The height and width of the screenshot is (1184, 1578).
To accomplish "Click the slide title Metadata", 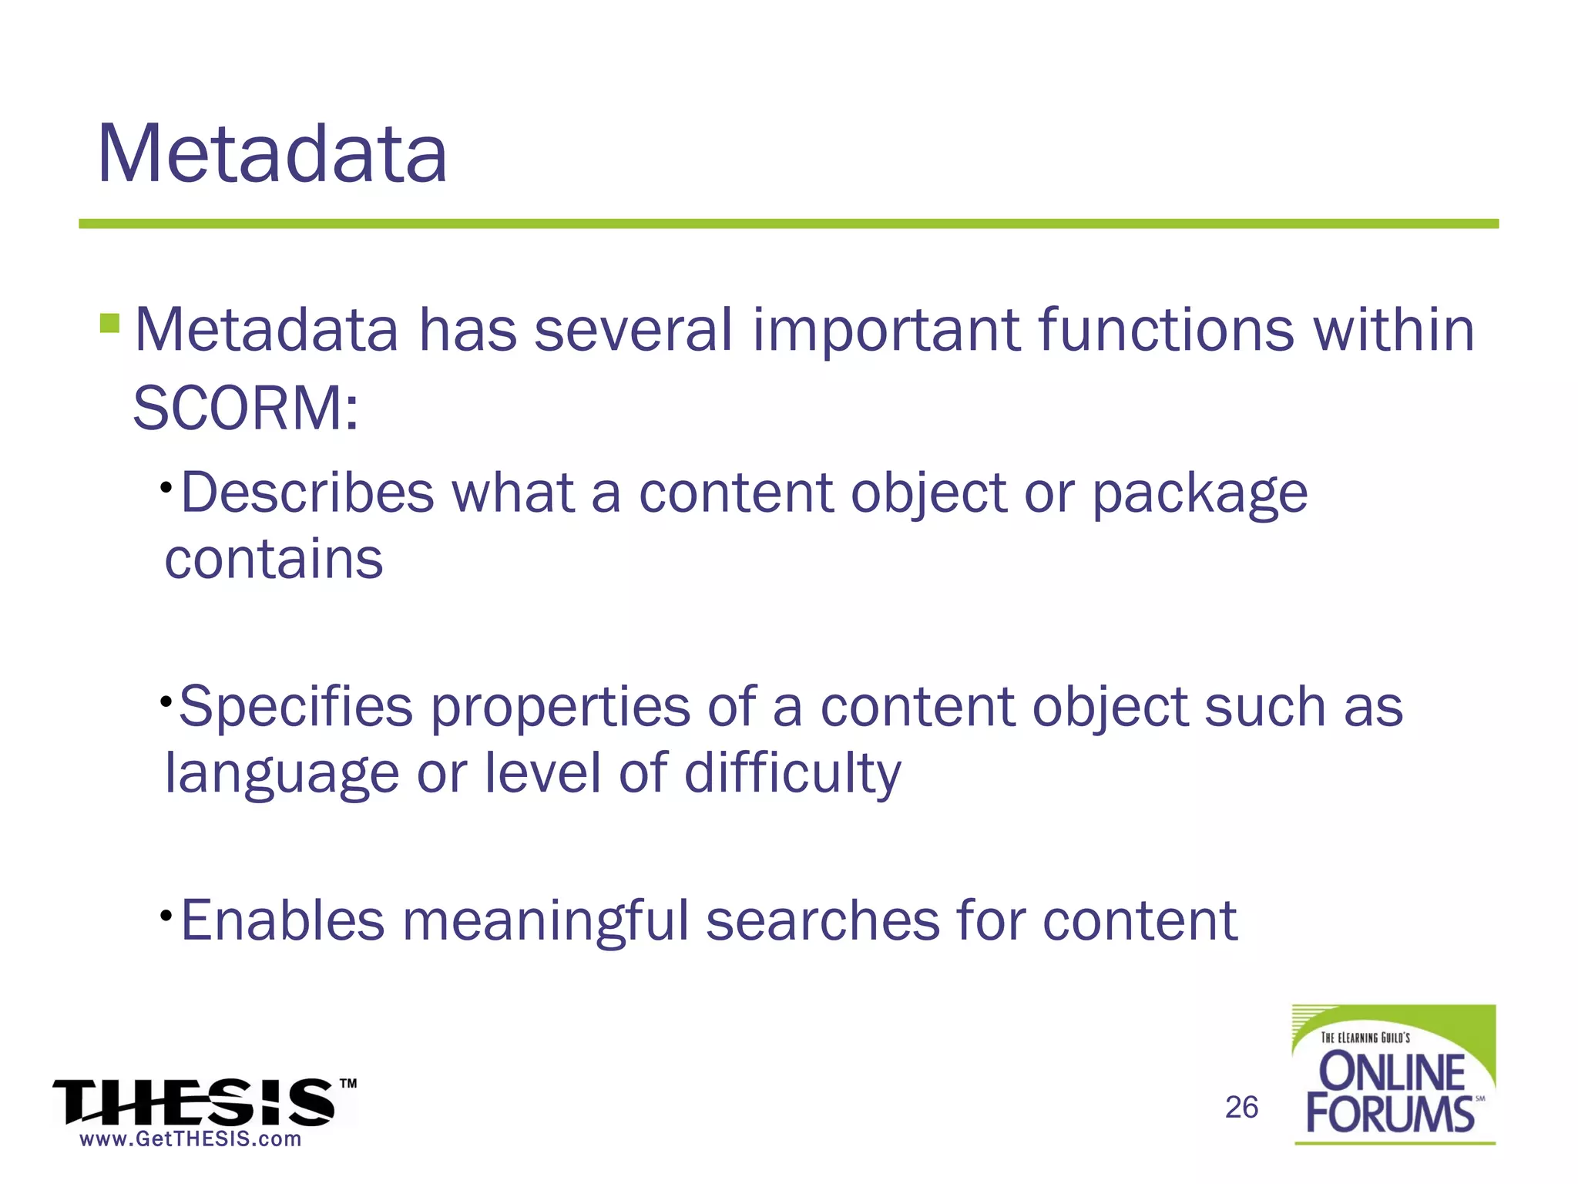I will point(271,154).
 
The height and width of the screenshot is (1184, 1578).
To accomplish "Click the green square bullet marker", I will point(109,322).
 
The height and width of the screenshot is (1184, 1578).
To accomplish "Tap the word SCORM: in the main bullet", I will point(245,409).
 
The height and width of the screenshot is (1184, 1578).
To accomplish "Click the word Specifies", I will point(295,708).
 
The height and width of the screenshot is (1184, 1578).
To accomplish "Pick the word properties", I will point(559,708).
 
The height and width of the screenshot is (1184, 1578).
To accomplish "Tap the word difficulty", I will point(792,773).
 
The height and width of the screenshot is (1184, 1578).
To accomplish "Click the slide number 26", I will point(1241,1107).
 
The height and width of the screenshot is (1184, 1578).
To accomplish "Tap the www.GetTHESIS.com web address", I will point(190,1139).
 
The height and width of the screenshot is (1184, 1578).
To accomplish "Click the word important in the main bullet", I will point(885,330).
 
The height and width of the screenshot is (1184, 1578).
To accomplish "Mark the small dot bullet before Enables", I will point(166,915).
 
